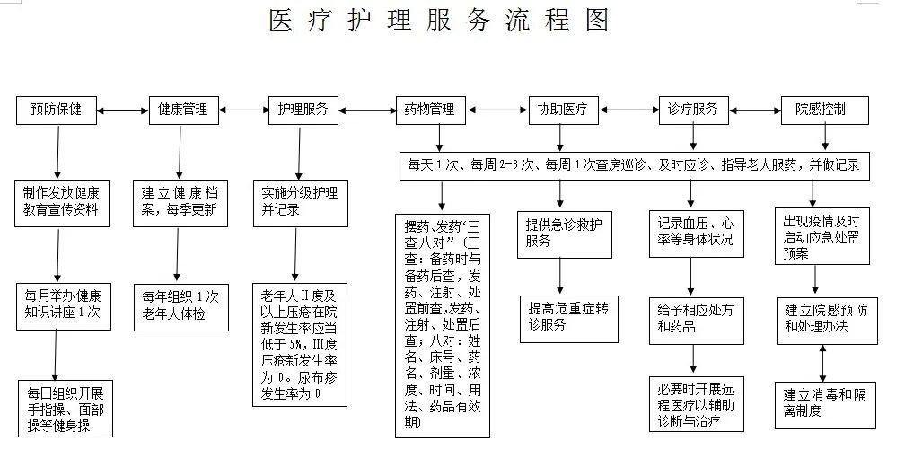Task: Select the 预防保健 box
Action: tap(57, 110)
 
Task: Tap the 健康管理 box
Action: tap(182, 110)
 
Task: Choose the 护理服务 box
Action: tap(303, 110)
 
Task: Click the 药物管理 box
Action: tap(430, 110)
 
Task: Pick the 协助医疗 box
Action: tap(562, 110)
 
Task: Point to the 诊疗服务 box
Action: tap(692, 110)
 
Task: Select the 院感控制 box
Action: tap(820, 110)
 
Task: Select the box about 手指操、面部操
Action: tap(66, 409)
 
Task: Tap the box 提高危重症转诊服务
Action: tap(567, 317)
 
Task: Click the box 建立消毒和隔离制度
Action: tap(822, 402)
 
